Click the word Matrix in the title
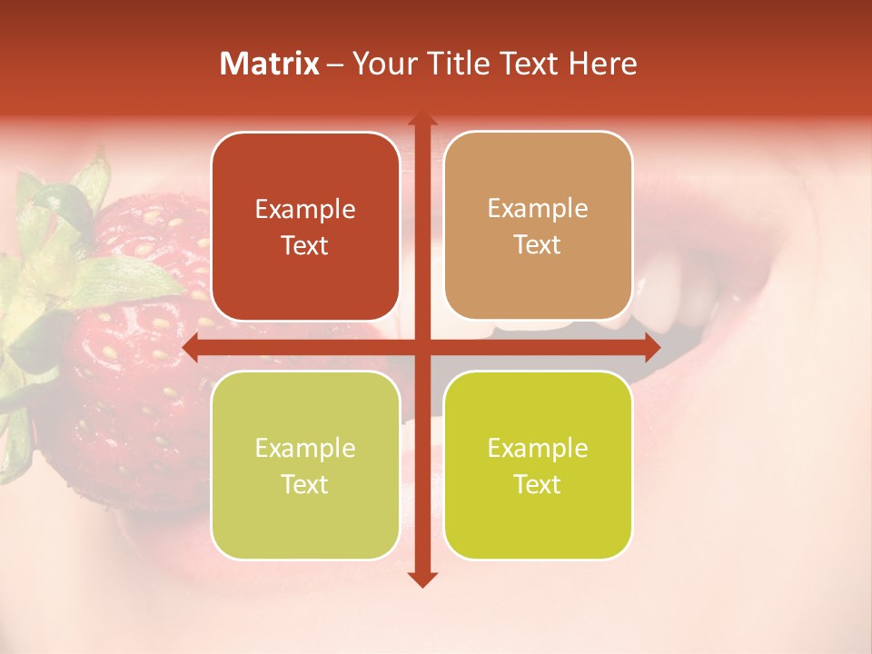tap(270, 64)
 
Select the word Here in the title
tap(602, 64)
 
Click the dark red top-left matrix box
tap(305, 226)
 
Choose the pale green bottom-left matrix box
tap(305, 465)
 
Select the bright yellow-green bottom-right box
tap(538, 465)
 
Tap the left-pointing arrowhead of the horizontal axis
tap(192, 347)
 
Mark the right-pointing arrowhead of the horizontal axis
tap(651, 347)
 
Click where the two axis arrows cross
tap(421, 347)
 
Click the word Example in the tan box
tap(538, 208)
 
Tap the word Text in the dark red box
tap(304, 245)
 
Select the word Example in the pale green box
tap(305, 448)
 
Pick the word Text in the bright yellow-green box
tap(537, 484)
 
